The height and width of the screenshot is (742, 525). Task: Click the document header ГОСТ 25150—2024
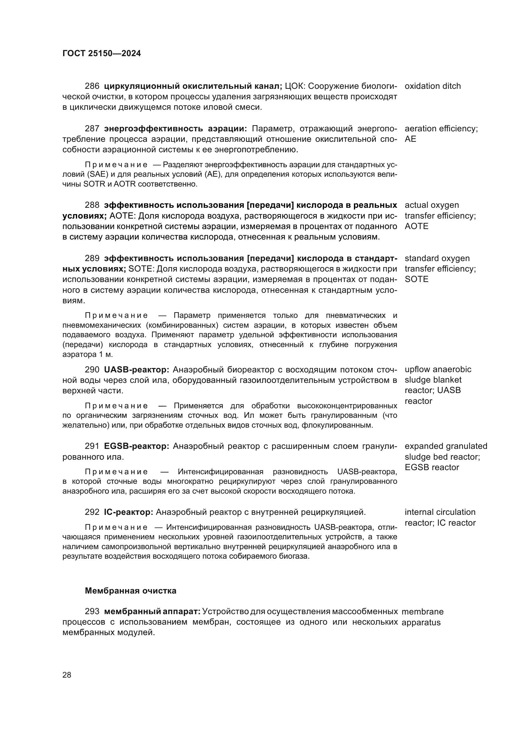click(x=102, y=53)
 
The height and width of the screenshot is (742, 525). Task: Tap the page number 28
click(x=67, y=675)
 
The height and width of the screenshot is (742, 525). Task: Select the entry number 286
click(x=92, y=86)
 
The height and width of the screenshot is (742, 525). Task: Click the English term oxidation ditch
click(x=433, y=86)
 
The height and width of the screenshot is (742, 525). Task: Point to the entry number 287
click(x=92, y=128)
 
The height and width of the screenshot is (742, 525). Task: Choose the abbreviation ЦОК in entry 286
click(x=295, y=86)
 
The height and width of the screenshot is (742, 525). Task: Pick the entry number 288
click(x=92, y=205)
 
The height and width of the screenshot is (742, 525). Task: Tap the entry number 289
click(x=92, y=258)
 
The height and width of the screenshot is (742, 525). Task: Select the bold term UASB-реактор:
click(x=136, y=369)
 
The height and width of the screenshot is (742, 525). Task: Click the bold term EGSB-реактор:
click(x=136, y=446)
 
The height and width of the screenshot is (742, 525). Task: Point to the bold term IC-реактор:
click(x=128, y=512)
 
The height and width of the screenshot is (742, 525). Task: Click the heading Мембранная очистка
click(x=130, y=591)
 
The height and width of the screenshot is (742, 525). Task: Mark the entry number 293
click(x=92, y=611)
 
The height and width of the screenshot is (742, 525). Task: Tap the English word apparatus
click(x=421, y=622)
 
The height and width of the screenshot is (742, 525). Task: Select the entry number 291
click(x=92, y=446)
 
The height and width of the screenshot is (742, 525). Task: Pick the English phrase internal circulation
click(x=440, y=512)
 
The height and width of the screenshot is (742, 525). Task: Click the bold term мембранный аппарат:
click(x=152, y=611)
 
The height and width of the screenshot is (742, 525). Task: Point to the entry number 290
click(x=92, y=369)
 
